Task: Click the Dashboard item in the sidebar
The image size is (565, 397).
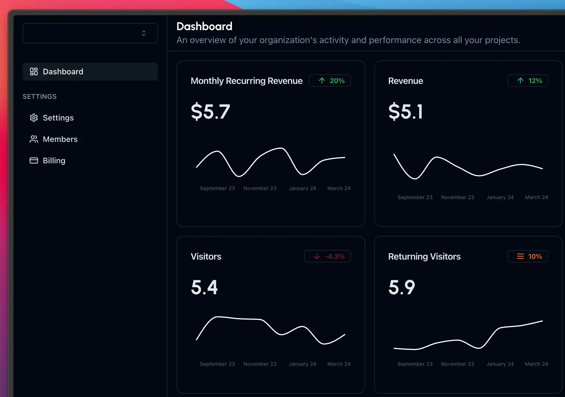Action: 63,72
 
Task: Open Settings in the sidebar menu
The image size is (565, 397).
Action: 58,118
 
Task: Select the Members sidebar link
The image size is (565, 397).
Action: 60,139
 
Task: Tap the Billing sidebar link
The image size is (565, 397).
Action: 54,160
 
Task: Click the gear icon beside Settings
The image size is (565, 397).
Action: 34,118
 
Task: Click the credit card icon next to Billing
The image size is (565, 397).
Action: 34,160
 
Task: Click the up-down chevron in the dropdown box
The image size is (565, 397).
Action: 144,33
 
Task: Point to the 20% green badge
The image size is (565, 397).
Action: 330,81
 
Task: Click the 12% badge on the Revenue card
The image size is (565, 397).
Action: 528,81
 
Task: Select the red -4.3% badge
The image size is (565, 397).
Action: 327,257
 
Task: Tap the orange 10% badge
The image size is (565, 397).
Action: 528,257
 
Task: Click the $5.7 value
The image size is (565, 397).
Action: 210,111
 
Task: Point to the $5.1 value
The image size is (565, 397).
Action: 405,111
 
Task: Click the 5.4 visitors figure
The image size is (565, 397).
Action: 204,287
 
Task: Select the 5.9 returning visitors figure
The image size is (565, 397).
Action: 401,287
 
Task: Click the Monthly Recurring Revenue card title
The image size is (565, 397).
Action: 246,81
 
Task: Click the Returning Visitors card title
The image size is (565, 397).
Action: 424,257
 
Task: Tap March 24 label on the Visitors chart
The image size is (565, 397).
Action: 339,364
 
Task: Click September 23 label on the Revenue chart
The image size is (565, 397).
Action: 415,197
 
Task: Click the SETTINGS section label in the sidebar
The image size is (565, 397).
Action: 39,97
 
